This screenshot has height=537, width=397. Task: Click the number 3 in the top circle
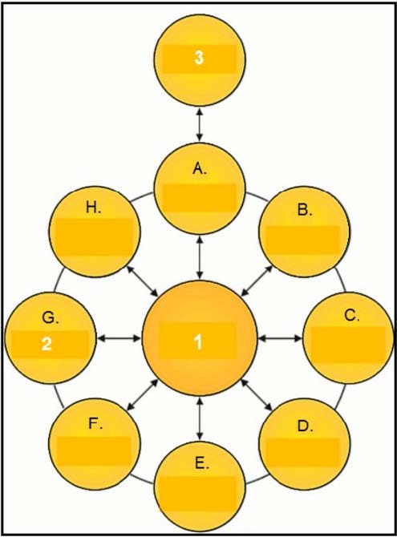tap(199, 58)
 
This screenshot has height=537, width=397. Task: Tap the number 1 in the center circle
tap(199, 341)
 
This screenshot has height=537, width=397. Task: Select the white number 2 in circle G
tap(47, 344)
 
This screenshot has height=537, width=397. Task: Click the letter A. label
tap(200, 169)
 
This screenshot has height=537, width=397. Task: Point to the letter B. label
tap(305, 210)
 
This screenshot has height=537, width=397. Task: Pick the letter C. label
tap(352, 316)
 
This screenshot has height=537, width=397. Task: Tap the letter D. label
tap(305, 426)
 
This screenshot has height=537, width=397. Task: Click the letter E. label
tap(201, 463)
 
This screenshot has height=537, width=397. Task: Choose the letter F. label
tap(95, 424)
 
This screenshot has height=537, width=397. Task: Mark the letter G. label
tap(51, 318)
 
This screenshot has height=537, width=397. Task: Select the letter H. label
tap(93, 208)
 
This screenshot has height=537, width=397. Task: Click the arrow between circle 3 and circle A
tap(200, 124)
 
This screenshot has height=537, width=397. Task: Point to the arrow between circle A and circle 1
tap(200, 257)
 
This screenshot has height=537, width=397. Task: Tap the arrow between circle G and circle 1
tap(119, 339)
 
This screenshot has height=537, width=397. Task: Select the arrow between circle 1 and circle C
tap(280, 338)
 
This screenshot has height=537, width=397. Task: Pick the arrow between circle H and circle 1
tap(143, 281)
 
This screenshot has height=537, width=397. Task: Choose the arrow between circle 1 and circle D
tap(257, 395)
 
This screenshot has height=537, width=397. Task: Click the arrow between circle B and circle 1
tap(257, 281)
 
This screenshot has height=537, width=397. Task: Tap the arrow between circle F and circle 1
tap(143, 394)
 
